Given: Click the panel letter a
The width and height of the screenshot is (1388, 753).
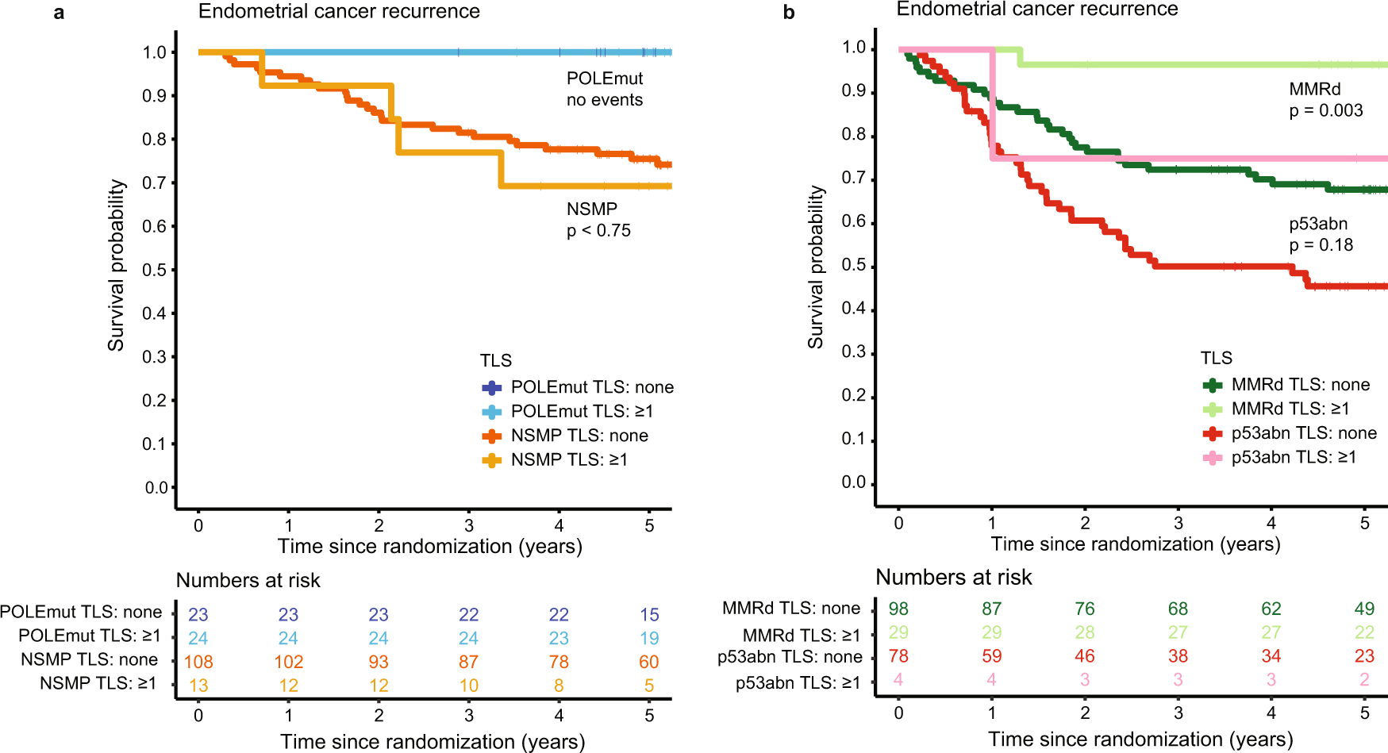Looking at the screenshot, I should click(59, 13).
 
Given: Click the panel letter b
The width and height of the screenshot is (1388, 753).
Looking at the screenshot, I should click(788, 13).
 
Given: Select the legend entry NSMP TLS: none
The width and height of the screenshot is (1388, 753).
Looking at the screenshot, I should click(579, 436).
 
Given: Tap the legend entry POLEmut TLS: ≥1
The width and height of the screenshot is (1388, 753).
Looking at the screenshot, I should click(581, 411).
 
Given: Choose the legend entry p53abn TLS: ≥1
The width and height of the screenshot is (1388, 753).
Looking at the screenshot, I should click(1293, 457).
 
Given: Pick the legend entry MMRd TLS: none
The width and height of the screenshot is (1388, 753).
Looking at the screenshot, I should click(1300, 385).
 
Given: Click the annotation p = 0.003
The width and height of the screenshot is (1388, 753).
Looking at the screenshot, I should click(1325, 111).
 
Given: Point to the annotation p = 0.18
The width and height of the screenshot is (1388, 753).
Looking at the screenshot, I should click(1321, 245).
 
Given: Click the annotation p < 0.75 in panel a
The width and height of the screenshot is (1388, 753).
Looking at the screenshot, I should click(598, 231).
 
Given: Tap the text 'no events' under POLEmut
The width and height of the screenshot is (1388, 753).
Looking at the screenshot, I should click(604, 100).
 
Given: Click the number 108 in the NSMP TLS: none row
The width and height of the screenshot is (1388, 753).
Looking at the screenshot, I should click(198, 662).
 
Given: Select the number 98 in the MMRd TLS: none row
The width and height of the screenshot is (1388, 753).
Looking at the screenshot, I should click(898, 609).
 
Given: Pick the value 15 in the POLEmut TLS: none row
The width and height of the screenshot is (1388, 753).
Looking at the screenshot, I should click(649, 614).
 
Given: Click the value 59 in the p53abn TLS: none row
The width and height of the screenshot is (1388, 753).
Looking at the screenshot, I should click(991, 656).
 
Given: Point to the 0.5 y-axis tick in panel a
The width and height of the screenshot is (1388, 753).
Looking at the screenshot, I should click(155, 270).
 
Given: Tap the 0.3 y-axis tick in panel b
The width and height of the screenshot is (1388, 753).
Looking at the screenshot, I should click(854, 352).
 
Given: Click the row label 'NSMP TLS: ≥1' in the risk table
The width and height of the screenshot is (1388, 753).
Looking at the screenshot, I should click(98, 683).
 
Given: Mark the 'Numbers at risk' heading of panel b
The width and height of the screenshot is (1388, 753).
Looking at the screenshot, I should click(953, 577).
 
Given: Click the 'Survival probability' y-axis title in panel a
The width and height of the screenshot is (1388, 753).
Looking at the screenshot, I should click(117, 265).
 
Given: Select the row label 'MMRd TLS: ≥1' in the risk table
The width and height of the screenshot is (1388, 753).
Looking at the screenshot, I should click(801, 636).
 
